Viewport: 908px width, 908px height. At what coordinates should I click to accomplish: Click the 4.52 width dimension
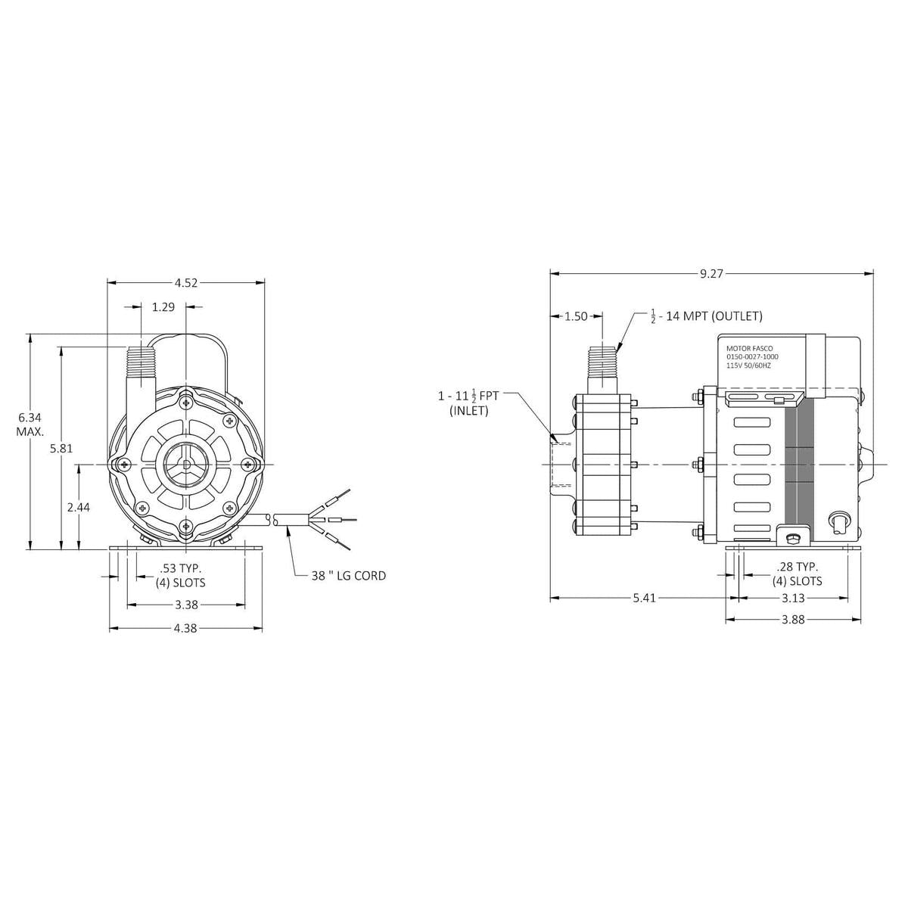tap(186, 283)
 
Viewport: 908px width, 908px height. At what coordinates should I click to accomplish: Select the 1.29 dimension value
tap(163, 307)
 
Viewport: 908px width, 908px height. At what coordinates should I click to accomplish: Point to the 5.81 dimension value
tap(61, 448)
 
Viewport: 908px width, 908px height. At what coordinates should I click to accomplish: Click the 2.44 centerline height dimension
tap(79, 508)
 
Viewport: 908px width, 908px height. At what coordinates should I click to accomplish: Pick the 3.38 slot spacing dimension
tap(186, 605)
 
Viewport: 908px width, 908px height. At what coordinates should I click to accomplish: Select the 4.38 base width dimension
tap(186, 629)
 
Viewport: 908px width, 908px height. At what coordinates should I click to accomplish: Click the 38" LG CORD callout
tap(349, 576)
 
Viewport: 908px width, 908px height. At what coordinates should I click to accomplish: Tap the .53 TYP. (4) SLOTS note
tap(181, 575)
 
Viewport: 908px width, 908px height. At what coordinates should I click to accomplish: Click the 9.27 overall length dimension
tap(711, 274)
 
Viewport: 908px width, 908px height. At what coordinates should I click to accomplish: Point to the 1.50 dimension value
tap(577, 316)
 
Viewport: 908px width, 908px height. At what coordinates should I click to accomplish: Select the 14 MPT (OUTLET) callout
tap(707, 316)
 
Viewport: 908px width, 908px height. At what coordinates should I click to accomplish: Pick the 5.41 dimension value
tap(645, 598)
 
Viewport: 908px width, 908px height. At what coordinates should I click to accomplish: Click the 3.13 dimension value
tap(794, 598)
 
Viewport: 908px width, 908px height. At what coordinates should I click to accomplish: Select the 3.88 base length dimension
tap(794, 620)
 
